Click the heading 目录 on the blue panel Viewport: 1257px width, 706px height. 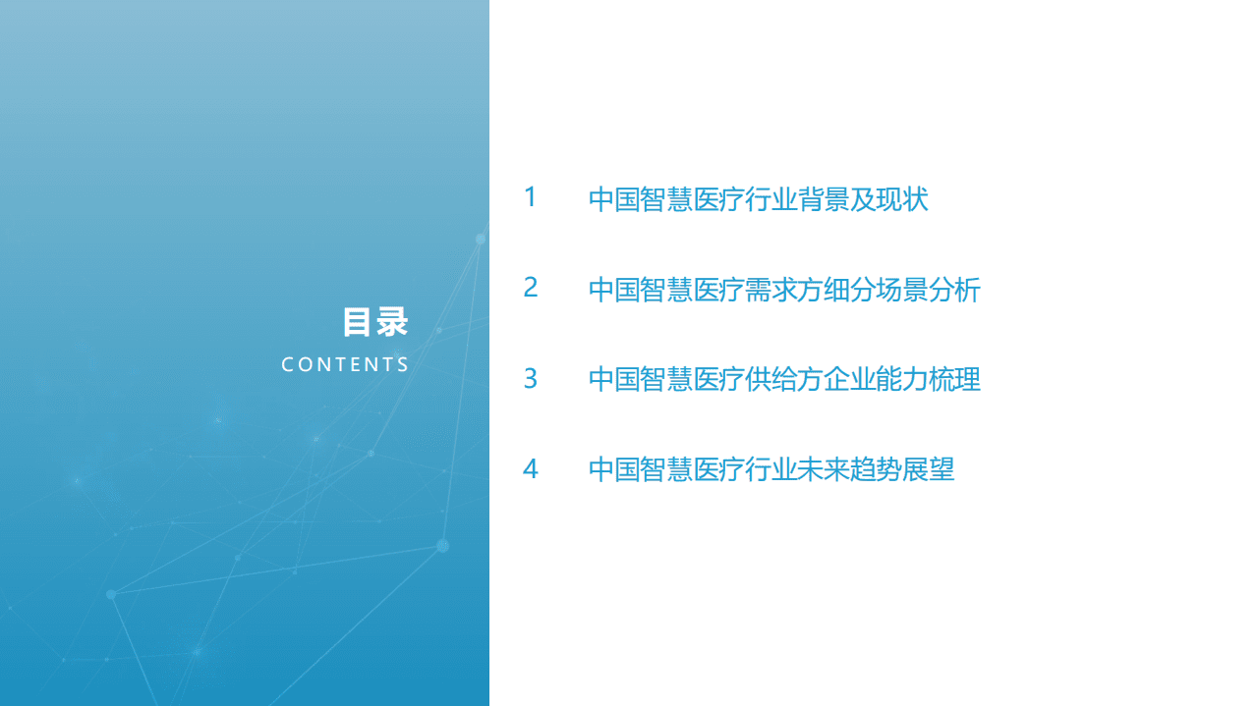click(375, 322)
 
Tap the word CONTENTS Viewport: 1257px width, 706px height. click(345, 364)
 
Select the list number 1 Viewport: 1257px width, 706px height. click(531, 197)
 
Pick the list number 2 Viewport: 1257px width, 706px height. click(531, 288)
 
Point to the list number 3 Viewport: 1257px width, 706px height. click(531, 378)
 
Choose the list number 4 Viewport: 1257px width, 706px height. click(531, 469)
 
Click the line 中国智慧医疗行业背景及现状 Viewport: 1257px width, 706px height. click(758, 200)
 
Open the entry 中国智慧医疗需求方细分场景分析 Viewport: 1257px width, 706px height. click(784, 290)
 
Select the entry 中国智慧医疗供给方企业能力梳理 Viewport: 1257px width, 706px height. click(784, 379)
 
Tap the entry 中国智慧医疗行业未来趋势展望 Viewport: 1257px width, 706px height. click(771, 469)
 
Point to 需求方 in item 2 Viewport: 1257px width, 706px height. click(784, 290)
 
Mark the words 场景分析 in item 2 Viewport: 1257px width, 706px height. click(929, 290)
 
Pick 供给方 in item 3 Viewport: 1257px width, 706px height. click(784, 379)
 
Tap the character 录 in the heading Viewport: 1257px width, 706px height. click(392, 322)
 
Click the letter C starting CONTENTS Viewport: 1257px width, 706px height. click(288, 364)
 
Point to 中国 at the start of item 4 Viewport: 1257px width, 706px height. click(614, 469)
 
